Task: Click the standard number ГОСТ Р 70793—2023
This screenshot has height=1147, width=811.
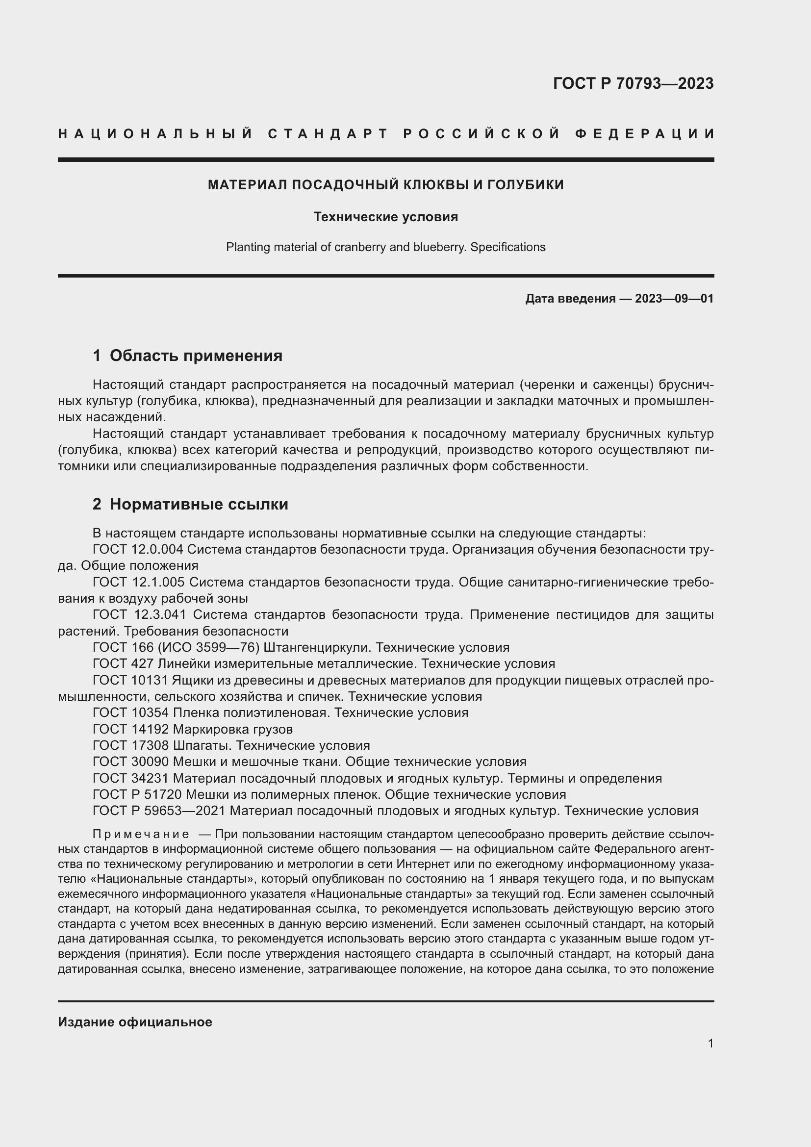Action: coord(633,83)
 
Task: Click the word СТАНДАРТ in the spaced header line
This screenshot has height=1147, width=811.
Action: coord(328,134)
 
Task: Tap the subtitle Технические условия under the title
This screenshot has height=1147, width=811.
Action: coord(385,217)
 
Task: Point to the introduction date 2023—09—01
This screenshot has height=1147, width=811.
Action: coord(674,299)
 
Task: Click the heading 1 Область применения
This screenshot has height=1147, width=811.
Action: coord(187,356)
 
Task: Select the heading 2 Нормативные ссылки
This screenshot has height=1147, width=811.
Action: coord(190,504)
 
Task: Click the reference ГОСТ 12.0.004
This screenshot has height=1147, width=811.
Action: coord(138,550)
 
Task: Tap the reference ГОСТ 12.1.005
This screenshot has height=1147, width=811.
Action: coord(138,582)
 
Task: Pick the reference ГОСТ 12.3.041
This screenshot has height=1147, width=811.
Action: coord(138,614)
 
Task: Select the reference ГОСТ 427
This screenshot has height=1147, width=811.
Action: coord(124,664)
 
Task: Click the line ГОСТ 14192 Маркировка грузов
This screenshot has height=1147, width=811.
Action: coord(193,729)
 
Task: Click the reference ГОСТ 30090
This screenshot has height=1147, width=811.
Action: coord(131,762)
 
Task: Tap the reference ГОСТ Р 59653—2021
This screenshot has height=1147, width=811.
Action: coord(159,811)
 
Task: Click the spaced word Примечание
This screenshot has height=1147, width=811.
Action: coord(141,834)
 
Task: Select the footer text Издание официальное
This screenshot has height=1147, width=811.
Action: coord(135,1022)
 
